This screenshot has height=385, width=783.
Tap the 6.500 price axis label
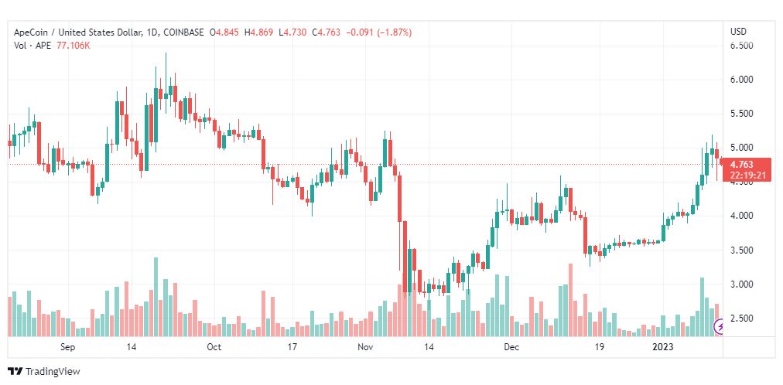742,46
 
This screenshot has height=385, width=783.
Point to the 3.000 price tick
742,284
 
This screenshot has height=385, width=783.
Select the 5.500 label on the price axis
742,114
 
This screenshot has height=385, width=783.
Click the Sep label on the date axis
68,347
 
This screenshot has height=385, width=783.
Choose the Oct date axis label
214,347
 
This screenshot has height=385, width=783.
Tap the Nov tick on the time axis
366,347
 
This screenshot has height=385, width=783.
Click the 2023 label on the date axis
664,347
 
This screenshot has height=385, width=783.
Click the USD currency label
739,32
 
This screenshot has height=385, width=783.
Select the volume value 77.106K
73,46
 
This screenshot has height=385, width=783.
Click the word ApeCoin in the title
29,32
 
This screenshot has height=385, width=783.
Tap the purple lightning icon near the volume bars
720,327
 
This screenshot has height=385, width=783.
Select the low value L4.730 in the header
292,32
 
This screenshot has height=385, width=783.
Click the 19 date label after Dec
599,347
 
